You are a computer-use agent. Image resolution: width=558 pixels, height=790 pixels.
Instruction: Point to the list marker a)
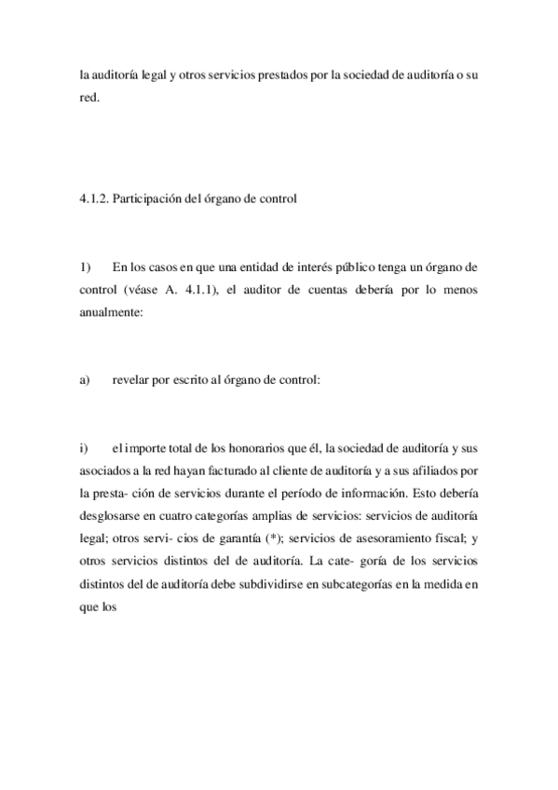click(x=85, y=379)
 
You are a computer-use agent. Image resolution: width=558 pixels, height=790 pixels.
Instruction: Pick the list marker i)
click(x=83, y=450)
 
